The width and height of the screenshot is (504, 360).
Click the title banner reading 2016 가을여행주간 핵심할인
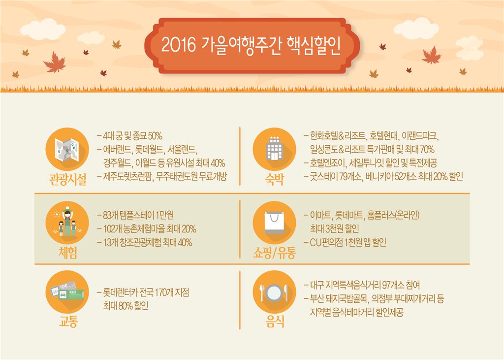(252, 45)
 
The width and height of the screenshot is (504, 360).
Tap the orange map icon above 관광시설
(67, 148)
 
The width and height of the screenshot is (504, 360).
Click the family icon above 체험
(67, 222)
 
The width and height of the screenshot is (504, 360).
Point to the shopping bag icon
(274, 222)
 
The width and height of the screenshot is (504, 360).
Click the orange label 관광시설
(67, 179)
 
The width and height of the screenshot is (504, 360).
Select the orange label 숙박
(274, 179)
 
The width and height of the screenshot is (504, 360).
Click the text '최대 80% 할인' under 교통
(126, 305)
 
